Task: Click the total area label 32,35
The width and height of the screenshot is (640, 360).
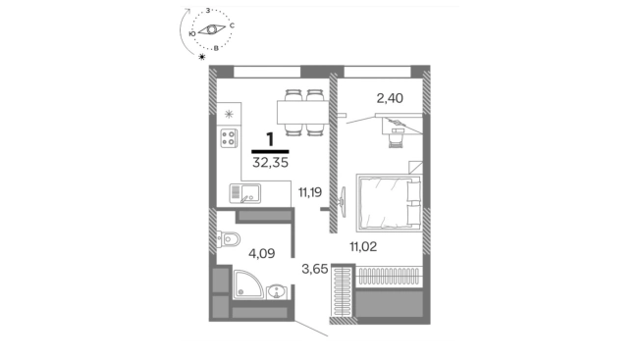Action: click(270, 163)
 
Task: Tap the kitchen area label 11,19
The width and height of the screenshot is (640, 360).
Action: click(310, 191)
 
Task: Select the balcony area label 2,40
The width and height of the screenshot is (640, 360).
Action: click(390, 98)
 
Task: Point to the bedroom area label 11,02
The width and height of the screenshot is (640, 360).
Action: click(363, 246)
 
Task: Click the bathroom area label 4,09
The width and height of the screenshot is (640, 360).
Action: click(262, 254)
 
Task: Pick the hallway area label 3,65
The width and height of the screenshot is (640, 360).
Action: click(315, 269)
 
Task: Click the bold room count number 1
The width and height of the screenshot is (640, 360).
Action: click(270, 140)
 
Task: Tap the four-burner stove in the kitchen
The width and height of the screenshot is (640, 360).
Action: click(229, 137)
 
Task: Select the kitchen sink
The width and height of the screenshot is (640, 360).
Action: click(244, 193)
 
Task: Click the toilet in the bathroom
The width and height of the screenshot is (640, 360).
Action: click(229, 239)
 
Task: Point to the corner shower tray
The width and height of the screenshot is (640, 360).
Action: click(248, 284)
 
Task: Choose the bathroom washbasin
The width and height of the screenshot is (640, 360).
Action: click(277, 292)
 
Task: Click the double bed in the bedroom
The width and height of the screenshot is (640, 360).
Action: click(389, 203)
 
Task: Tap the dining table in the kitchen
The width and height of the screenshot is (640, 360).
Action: click(303, 112)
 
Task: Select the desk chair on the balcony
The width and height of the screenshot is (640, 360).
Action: click(396, 138)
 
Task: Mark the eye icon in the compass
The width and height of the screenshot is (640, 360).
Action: click(211, 29)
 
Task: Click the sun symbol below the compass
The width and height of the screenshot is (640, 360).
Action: click(201, 57)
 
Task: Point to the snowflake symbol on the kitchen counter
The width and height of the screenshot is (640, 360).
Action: click(229, 114)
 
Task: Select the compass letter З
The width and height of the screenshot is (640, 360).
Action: click(208, 11)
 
